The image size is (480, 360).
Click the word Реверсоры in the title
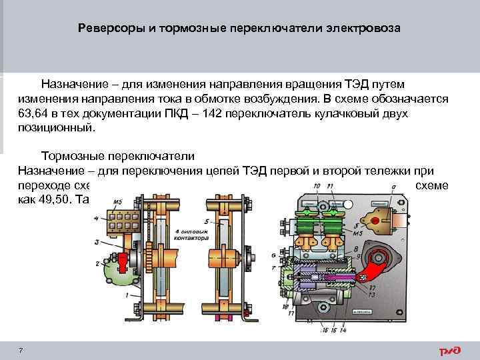[105, 29]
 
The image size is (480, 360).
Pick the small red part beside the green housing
[125, 259]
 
